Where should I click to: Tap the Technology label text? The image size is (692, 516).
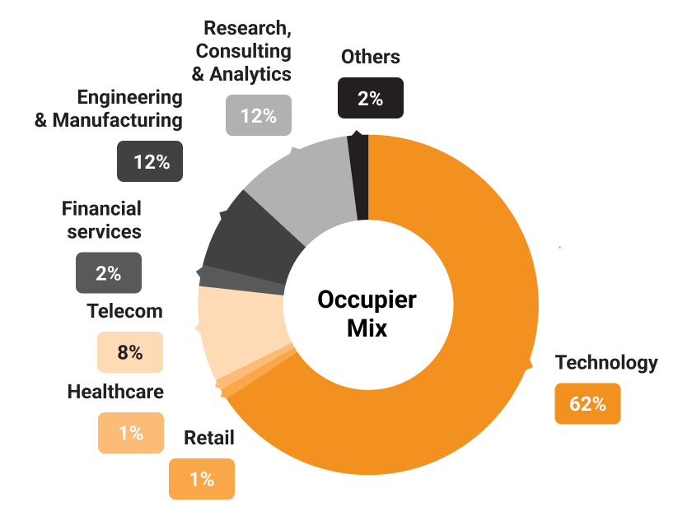[x=606, y=363]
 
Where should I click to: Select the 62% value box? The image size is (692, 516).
[x=587, y=403]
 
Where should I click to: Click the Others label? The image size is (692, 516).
[x=370, y=57]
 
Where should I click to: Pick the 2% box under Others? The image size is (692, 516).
[x=370, y=98]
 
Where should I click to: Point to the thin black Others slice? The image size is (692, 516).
[x=358, y=177]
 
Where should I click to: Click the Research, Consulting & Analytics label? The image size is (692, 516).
[x=242, y=51]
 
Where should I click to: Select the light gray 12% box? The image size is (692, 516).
[x=258, y=115]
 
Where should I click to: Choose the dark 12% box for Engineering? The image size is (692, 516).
[x=151, y=161]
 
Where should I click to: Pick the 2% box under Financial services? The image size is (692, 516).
[x=109, y=272]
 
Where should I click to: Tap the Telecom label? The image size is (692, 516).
[x=124, y=311]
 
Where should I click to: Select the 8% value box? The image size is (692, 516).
[x=130, y=352]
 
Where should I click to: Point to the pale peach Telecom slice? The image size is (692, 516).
[x=239, y=333]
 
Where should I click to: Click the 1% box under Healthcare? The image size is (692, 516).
[x=131, y=432]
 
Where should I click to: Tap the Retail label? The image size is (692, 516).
[x=208, y=438]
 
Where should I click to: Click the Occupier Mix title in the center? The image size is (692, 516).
[x=367, y=314]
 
